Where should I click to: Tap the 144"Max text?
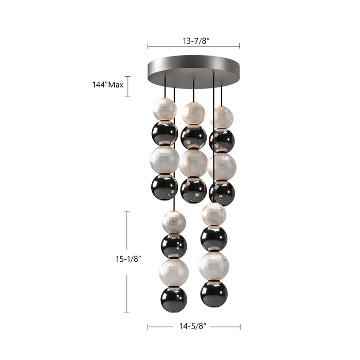click(x=104, y=85)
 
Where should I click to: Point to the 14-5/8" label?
click(x=193, y=326)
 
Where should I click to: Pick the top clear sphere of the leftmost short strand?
click(x=165, y=109)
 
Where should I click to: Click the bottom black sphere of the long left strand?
click(x=174, y=297)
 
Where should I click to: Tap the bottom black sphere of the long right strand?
click(x=214, y=294)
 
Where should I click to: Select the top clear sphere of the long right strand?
click(x=214, y=214)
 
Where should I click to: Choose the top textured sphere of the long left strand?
click(x=174, y=222)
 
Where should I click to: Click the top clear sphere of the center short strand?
click(x=193, y=113)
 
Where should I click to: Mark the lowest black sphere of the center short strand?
click(x=193, y=190)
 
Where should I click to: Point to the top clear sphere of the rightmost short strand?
click(x=222, y=117)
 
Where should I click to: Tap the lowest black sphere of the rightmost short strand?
click(x=222, y=193)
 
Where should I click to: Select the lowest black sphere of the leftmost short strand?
click(x=165, y=187)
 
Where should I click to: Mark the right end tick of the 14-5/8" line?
click(x=240, y=326)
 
